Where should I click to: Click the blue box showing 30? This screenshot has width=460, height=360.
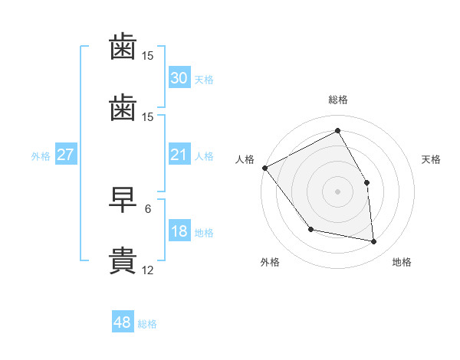[x=179, y=78]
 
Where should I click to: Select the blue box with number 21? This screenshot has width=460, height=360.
[x=179, y=155]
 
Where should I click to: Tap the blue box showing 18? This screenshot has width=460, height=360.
[x=179, y=231]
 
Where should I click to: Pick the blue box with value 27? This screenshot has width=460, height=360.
[x=65, y=155]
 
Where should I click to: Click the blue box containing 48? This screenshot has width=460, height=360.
[x=123, y=322]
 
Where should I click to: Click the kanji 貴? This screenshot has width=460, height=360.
[x=123, y=260]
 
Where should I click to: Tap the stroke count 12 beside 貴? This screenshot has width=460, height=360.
[x=148, y=270]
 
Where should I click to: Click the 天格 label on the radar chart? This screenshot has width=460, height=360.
[x=431, y=159]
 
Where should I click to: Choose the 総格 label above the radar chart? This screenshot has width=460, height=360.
[x=338, y=100]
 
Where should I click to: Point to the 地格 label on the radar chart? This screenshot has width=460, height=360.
[x=402, y=262]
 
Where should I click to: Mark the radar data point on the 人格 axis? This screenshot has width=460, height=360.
[x=264, y=168]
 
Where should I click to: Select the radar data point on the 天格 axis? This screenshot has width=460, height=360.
[x=367, y=182]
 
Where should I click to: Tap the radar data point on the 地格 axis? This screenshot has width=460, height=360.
[x=374, y=242]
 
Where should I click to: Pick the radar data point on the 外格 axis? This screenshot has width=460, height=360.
[x=310, y=229]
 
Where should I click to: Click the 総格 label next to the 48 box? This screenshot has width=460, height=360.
[x=147, y=324]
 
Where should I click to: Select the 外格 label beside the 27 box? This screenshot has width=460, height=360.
[x=41, y=155]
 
